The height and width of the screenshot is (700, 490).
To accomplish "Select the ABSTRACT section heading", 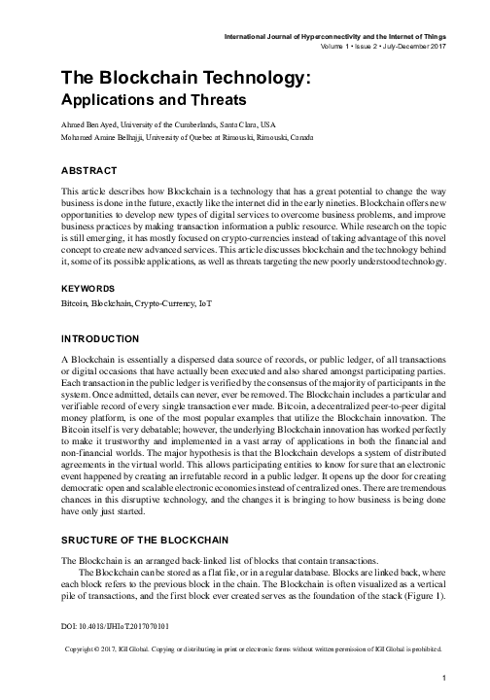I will click(x=92, y=169).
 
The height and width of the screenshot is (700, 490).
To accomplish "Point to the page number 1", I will click(x=442, y=678).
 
